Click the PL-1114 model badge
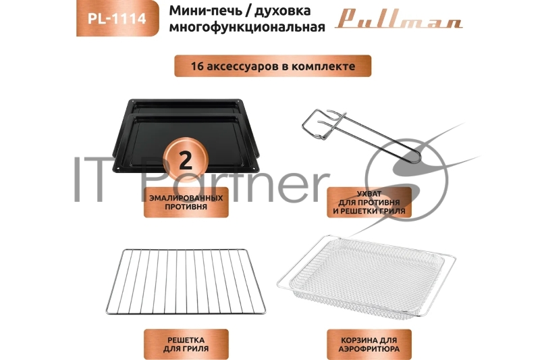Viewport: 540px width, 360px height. coord(117,18)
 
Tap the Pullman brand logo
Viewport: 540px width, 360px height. coord(398,19)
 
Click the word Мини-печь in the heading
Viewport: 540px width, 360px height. coord(206,11)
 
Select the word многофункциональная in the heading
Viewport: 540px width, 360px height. coord(247,27)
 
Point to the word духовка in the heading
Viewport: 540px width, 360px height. coord(282,11)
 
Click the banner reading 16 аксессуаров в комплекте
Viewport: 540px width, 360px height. coord(273,66)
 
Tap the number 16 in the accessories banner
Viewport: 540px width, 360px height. coord(198,66)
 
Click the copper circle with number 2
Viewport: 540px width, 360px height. coord(186,159)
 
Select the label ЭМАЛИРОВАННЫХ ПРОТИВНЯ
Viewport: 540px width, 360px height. coord(186,202)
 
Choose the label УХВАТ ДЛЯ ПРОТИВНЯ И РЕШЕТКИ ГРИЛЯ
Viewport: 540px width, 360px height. coord(369,202)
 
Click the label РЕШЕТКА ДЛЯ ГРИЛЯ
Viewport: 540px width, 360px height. coord(186,344)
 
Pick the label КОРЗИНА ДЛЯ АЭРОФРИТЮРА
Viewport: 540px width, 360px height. coord(369,344)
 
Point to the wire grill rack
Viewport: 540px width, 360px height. coord(186,281)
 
